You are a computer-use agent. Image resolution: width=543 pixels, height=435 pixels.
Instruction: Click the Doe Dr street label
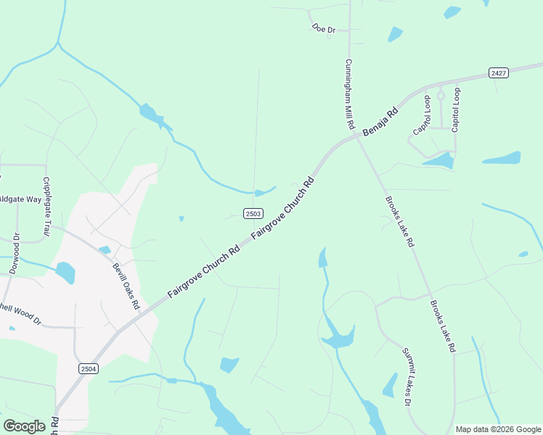pyautogui.click(x=324, y=29)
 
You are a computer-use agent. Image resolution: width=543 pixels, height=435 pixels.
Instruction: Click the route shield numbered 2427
pyautogui.click(x=498, y=72)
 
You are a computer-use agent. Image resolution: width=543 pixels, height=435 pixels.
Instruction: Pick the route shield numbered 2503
pyautogui.click(x=253, y=213)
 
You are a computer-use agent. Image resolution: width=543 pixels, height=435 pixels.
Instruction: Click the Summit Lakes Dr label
pyautogui.click(x=407, y=376)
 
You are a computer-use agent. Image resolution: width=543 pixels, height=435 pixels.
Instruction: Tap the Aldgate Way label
pyautogui.click(x=20, y=198)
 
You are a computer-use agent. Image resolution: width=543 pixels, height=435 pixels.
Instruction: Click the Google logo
pyautogui.click(x=24, y=426)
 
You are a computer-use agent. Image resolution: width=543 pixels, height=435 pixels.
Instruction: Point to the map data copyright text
pyautogui.click(x=498, y=429)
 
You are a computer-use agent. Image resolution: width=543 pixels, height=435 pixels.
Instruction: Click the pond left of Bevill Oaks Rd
pyautogui.click(x=65, y=273)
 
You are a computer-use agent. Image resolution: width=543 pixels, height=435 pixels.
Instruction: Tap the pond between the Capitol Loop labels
pyautogui.click(x=440, y=159)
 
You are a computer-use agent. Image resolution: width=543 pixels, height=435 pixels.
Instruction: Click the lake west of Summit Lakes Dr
pyautogui.click(x=338, y=334)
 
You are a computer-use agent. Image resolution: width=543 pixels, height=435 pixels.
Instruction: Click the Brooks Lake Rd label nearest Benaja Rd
pyautogui.click(x=399, y=222)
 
